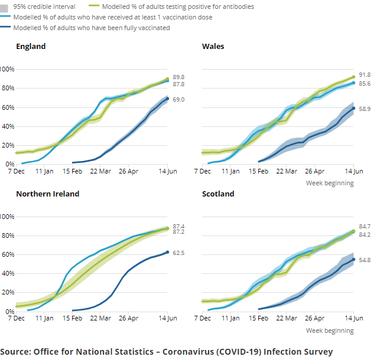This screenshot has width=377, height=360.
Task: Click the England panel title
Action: (31, 47)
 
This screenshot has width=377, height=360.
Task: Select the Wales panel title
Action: (213, 47)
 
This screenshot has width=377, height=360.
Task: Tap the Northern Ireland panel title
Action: (47, 194)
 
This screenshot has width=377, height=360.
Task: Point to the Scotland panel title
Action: (218, 194)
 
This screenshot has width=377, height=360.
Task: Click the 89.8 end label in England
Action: (178, 77)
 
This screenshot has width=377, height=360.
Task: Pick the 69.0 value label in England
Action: (178, 100)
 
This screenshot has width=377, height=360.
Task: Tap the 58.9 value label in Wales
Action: (365, 109)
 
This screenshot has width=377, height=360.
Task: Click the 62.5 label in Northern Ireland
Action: (178, 253)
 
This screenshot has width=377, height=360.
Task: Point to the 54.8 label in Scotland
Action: (365, 260)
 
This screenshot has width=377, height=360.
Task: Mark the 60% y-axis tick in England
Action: (7, 107)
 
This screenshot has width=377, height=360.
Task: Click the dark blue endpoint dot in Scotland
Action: (354, 260)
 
